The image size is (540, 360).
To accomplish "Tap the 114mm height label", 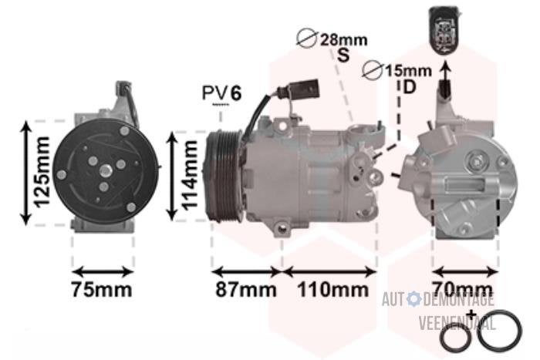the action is pos(190,176).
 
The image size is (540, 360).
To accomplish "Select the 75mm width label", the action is pos(102,289).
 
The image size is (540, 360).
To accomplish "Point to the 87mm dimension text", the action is pos(246,289).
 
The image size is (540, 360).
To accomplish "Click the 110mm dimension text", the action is pos(333,289).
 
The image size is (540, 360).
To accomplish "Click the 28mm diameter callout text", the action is pos(344,40).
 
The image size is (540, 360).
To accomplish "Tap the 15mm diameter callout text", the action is pos(408,71).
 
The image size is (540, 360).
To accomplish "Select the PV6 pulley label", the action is pos(222,93).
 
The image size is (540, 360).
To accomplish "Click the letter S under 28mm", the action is pos(343,55).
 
